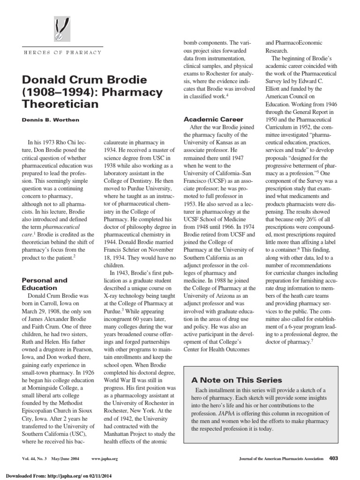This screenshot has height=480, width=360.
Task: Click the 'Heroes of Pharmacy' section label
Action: point(62,52)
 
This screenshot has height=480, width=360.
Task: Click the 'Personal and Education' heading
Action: point(45,284)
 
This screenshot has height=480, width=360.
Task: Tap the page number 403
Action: point(334,458)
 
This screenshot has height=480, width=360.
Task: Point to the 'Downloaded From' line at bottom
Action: point(54,475)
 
